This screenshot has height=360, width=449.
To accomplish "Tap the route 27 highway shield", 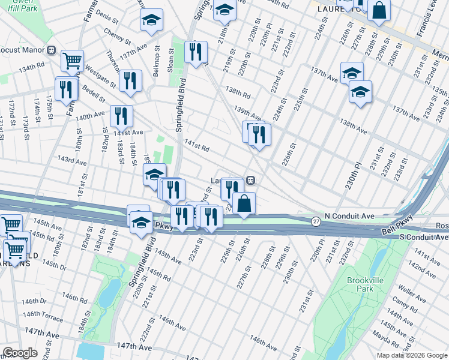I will pyautogui.click(x=316, y=222).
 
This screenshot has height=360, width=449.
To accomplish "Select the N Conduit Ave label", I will pyautogui.click(x=349, y=215).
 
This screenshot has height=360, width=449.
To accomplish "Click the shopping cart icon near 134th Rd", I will pyautogui.click(x=72, y=59).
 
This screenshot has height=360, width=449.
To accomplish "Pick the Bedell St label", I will pyautogui.click(x=94, y=94).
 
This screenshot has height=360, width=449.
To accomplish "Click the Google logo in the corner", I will pyautogui.click(x=20, y=353).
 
